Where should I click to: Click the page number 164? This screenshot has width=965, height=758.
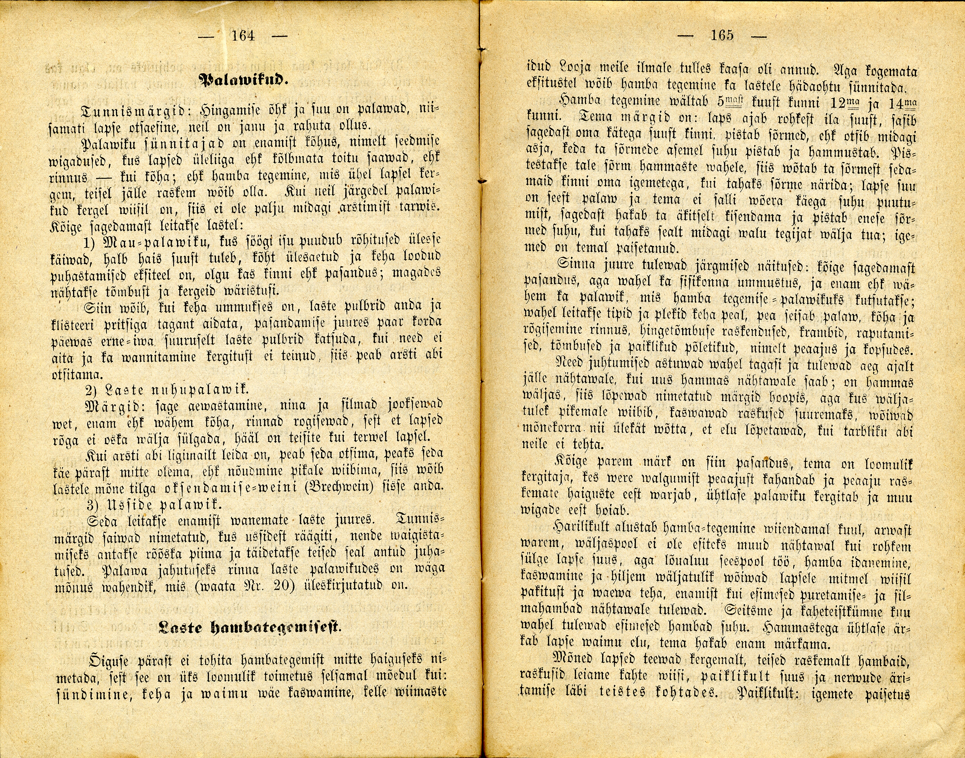pos(243,35)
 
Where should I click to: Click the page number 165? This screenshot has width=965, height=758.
pos(722,35)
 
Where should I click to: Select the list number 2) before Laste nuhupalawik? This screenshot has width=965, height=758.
pos(92,390)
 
